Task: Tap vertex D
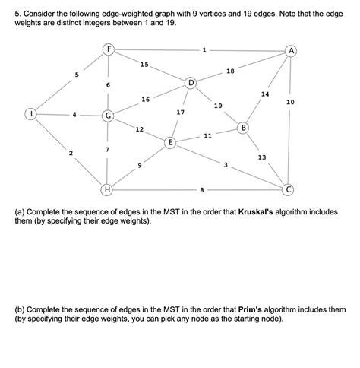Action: (x=191, y=81)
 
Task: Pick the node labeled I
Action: (x=31, y=116)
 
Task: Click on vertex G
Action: (x=109, y=116)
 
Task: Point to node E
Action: (x=171, y=142)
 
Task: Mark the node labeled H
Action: (x=109, y=188)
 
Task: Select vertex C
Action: (x=288, y=188)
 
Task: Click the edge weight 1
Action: (x=203, y=50)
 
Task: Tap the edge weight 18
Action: (x=230, y=71)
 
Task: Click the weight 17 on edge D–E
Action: (x=180, y=112)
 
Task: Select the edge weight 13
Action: (x=261, y=157)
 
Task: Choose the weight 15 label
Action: (x=144, y=64)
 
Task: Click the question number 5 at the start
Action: (x=8, y=8)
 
